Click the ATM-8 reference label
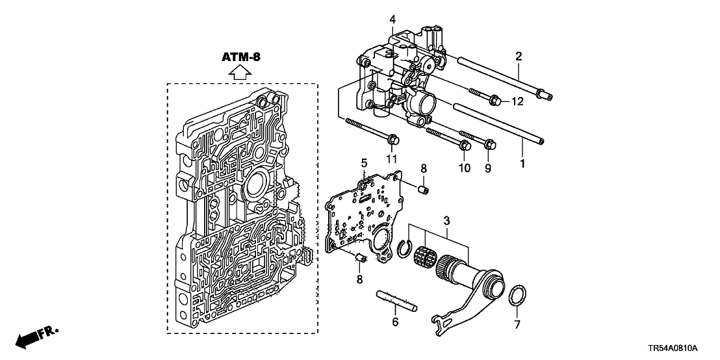[241, 57]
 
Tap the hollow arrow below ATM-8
[241, 72]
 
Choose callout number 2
[519, 57]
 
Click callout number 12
[517, 101]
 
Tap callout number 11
[392, 159]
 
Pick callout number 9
[487, 168]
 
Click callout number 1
[521, 165]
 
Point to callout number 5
[365, 162]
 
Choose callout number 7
[519, 323]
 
